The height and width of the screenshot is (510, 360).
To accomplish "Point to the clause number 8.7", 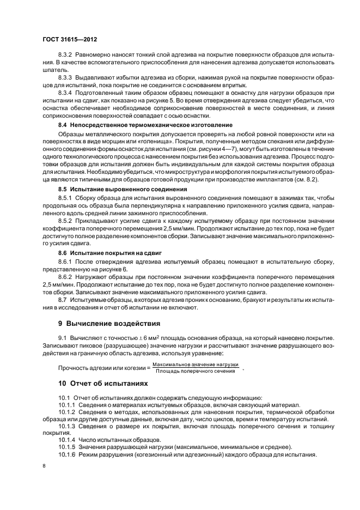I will (62, 300).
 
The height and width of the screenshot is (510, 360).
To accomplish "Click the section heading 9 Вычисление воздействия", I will (101, 323).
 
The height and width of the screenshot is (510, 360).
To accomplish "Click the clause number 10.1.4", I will (68, 439).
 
